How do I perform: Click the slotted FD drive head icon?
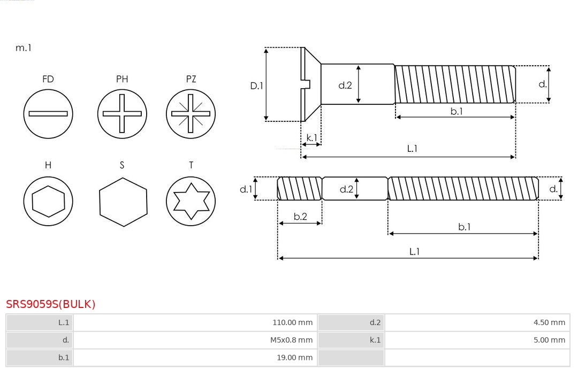(x=48, y=114)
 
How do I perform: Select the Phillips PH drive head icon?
(x=122, y=114)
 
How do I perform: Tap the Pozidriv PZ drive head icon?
(x=191, y=114)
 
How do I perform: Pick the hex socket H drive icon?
(x=48, y=201)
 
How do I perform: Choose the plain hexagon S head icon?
(x=123, y=202)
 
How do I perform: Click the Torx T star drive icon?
(x=191, y=201)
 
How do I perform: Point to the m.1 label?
(x=23, y=48)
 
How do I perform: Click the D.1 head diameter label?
(x=256, y=86)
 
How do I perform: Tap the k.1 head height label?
(x=312, y=138)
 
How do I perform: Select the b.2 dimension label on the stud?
(x=300, y=217)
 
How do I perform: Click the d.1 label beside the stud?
(x=246, y=189)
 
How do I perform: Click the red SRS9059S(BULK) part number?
(x=50, y=304)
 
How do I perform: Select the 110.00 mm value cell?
(x=195, y=322)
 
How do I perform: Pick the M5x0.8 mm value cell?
(x=195, y=340)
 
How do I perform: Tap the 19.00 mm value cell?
(x=195, y=358)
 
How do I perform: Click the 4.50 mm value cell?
(x=477, y=322)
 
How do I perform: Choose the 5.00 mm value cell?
(x=477, y=340)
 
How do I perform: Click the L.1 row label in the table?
(x=64, y=322)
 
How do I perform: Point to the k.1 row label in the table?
(x=375, y=340)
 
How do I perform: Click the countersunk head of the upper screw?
(x=310, y=84)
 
